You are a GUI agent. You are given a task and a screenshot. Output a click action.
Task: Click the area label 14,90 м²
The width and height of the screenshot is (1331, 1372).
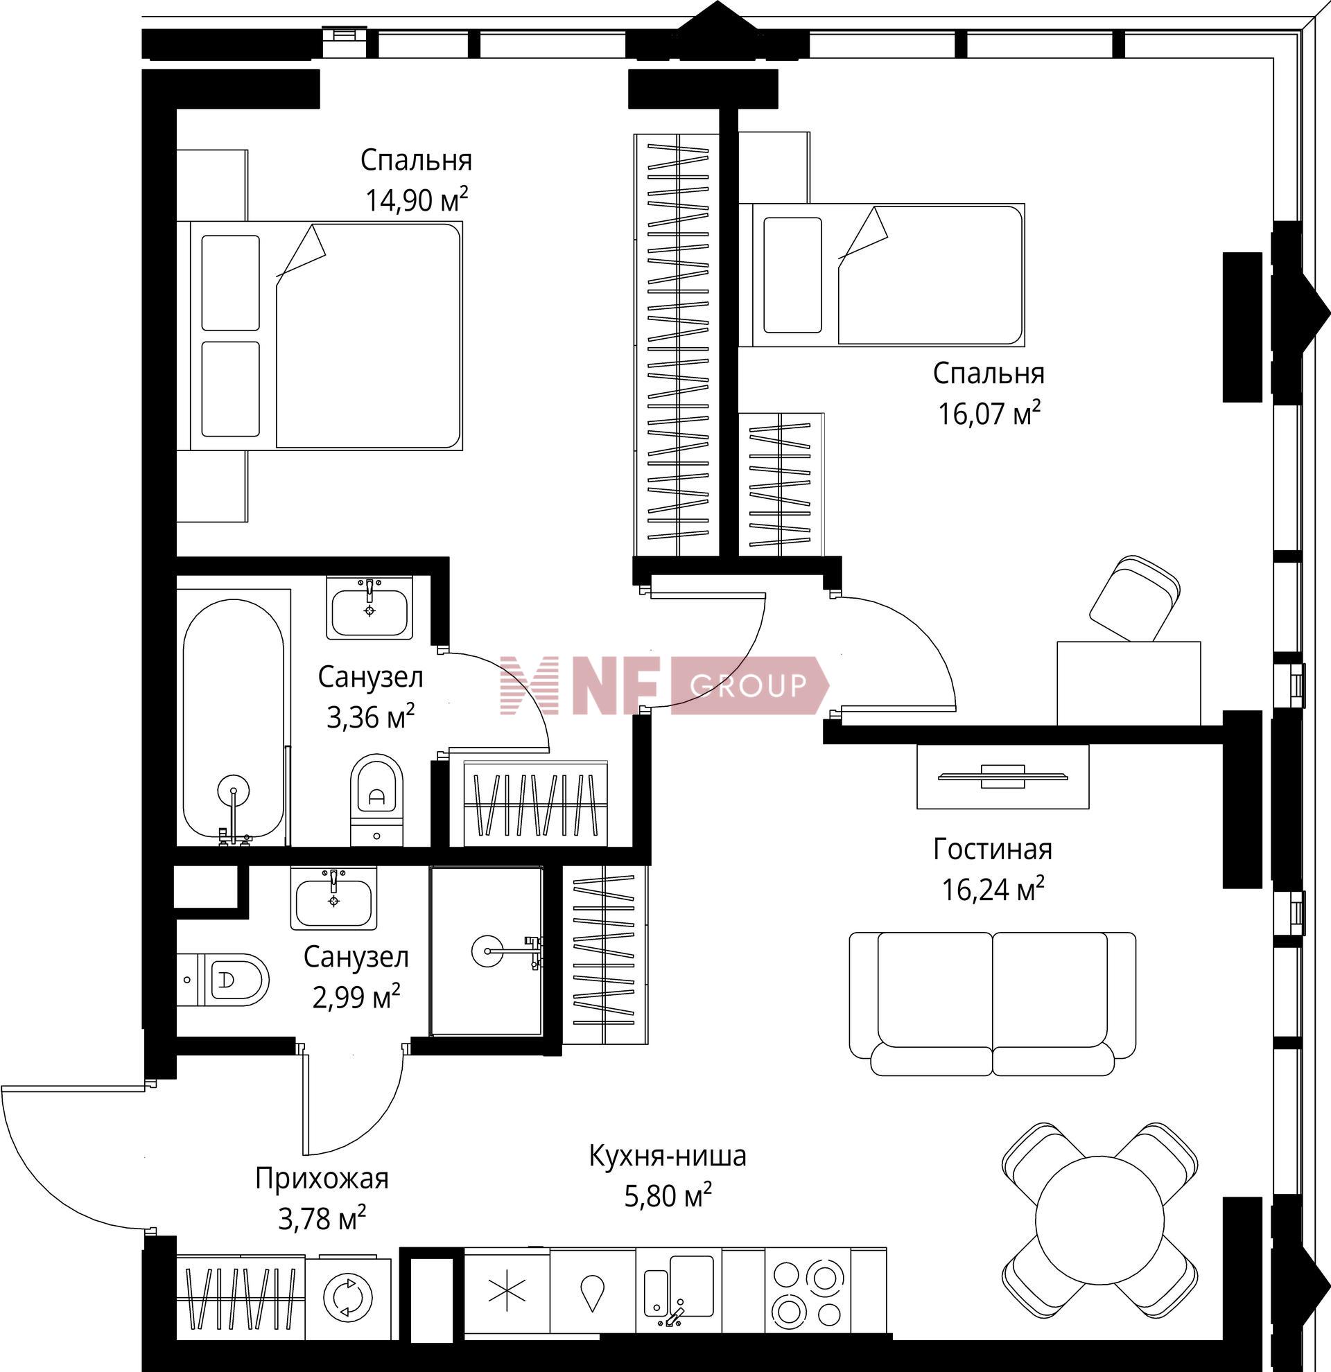[416, 200]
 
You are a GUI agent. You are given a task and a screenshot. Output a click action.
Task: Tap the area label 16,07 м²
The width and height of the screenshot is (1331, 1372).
[989, 413]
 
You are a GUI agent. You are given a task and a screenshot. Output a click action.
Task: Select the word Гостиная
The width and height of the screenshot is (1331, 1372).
[992, 849]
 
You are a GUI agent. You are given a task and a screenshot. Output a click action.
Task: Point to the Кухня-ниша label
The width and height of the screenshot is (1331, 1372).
[668, 1156]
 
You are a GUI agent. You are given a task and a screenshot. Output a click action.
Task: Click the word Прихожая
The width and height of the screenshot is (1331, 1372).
[322, 1179]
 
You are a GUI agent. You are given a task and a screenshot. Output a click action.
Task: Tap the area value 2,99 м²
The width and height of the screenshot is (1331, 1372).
[356, 997]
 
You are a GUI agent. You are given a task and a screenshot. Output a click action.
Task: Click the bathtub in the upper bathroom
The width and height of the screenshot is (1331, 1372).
[234, 717]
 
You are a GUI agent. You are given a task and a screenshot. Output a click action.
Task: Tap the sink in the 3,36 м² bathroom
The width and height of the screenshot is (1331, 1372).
[369, 608]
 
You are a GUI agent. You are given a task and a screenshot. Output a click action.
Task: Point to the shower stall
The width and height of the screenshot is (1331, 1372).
[486, 951]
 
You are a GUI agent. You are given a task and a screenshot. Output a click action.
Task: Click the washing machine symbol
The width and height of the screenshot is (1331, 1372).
[347, 1297]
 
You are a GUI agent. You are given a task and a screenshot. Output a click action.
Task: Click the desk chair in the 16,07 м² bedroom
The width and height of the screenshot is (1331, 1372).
[1133, 598]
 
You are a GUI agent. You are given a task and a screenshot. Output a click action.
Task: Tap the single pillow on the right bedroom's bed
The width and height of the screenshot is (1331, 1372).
[792, 275]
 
